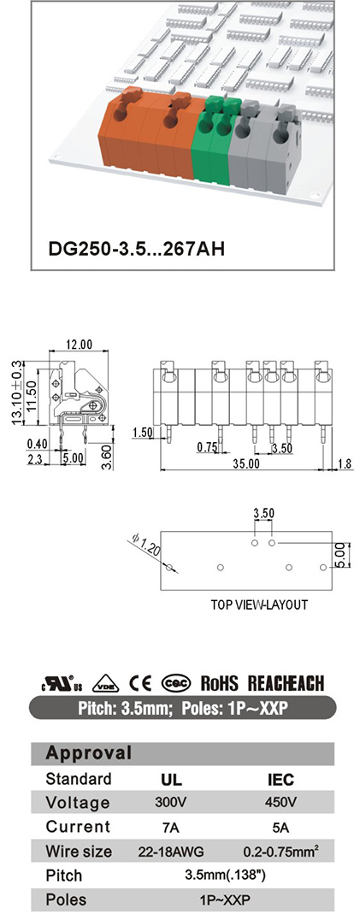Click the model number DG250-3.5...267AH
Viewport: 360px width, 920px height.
pos(136,248)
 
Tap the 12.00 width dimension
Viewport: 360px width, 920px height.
pos(79,345)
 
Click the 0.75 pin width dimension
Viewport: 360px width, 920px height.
pos(207,447)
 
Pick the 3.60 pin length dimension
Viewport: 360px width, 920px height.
pos(106,458)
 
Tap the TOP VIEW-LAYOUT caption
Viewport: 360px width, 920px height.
pos(259,604)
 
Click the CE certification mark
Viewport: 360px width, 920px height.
pos(140,683)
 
